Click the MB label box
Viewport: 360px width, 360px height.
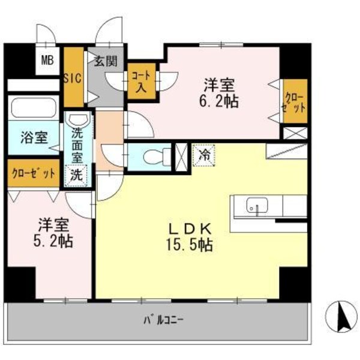pos(46,61)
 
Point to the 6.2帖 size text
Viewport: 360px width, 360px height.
pos(220,100)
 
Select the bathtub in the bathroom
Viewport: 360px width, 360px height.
pos(34,108)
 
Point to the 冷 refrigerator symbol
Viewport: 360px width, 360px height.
pos(202,154)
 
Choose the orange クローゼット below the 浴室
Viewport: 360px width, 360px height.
pos(34,173)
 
